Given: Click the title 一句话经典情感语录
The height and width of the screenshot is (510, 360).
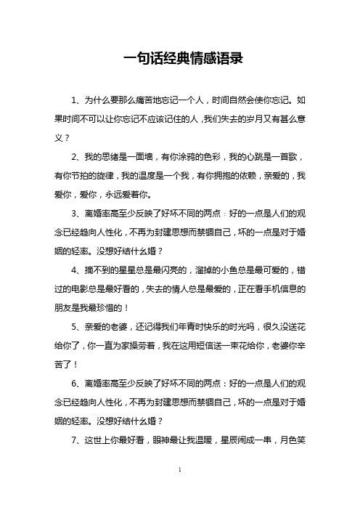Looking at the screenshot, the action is [x=179, y=60].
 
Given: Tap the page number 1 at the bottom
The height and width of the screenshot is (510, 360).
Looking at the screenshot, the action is [x=179, y=491].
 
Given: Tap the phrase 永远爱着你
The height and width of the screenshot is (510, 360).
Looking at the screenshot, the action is [x=129, y=195].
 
